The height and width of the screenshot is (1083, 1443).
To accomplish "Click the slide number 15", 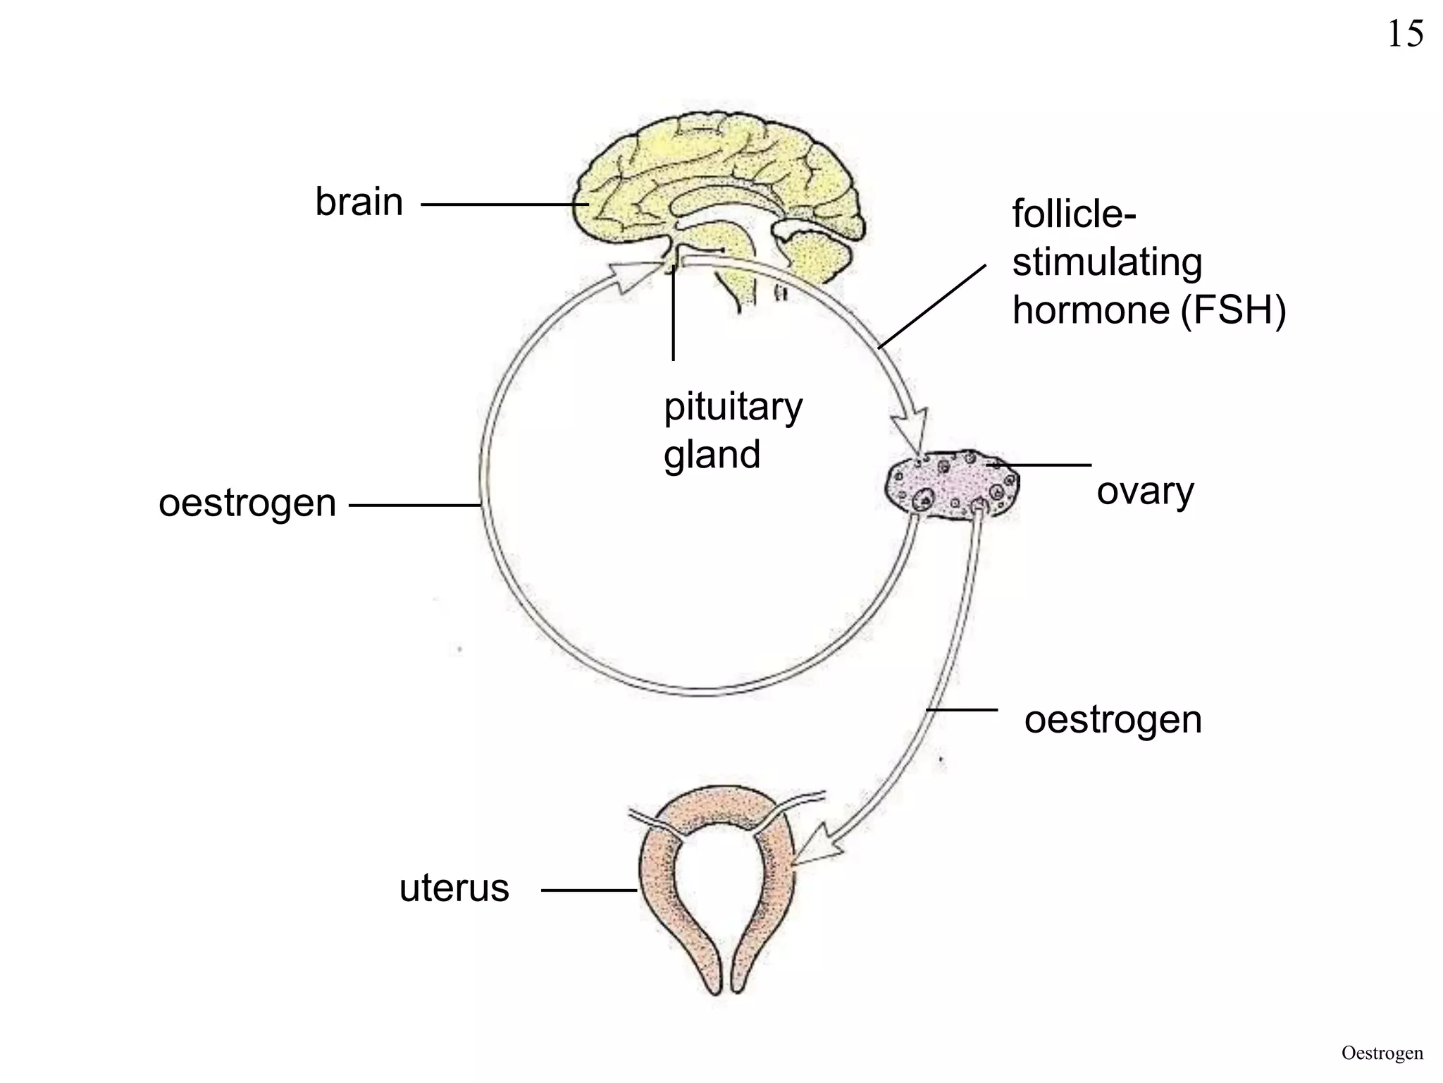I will pos(1405,34).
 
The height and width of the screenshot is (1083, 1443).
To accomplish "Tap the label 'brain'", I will pos(359,202).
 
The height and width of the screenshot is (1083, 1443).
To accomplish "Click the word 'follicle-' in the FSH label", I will pos(1074,213).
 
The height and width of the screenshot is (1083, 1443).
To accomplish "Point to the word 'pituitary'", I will pos(733,408).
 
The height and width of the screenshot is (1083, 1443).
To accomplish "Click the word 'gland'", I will pos(712,455).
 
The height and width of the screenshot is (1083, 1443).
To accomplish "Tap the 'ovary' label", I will pos(1145,491).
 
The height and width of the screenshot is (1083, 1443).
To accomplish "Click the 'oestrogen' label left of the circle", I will pos(247,503).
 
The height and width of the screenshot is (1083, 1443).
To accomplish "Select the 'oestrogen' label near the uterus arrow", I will pos(1113,720).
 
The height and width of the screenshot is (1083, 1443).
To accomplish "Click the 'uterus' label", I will pos(454,888).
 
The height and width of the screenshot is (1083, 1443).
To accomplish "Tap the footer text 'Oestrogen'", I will pos(1382,1053).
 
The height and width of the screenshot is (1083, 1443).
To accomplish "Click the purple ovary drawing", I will pos(951,487).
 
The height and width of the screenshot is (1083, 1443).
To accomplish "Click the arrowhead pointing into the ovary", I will pos(912,430).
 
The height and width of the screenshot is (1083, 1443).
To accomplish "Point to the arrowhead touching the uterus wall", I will pos(817,849).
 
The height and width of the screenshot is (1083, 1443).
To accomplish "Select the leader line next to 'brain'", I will pos(504,205).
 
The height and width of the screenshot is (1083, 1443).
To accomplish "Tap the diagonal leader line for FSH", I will pos(931,307).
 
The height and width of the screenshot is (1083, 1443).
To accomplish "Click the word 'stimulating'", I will pos(1107,262).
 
